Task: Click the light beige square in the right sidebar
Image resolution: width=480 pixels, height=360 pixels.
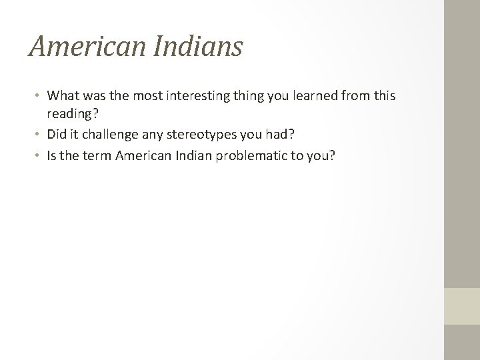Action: [x=462, y=306]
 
